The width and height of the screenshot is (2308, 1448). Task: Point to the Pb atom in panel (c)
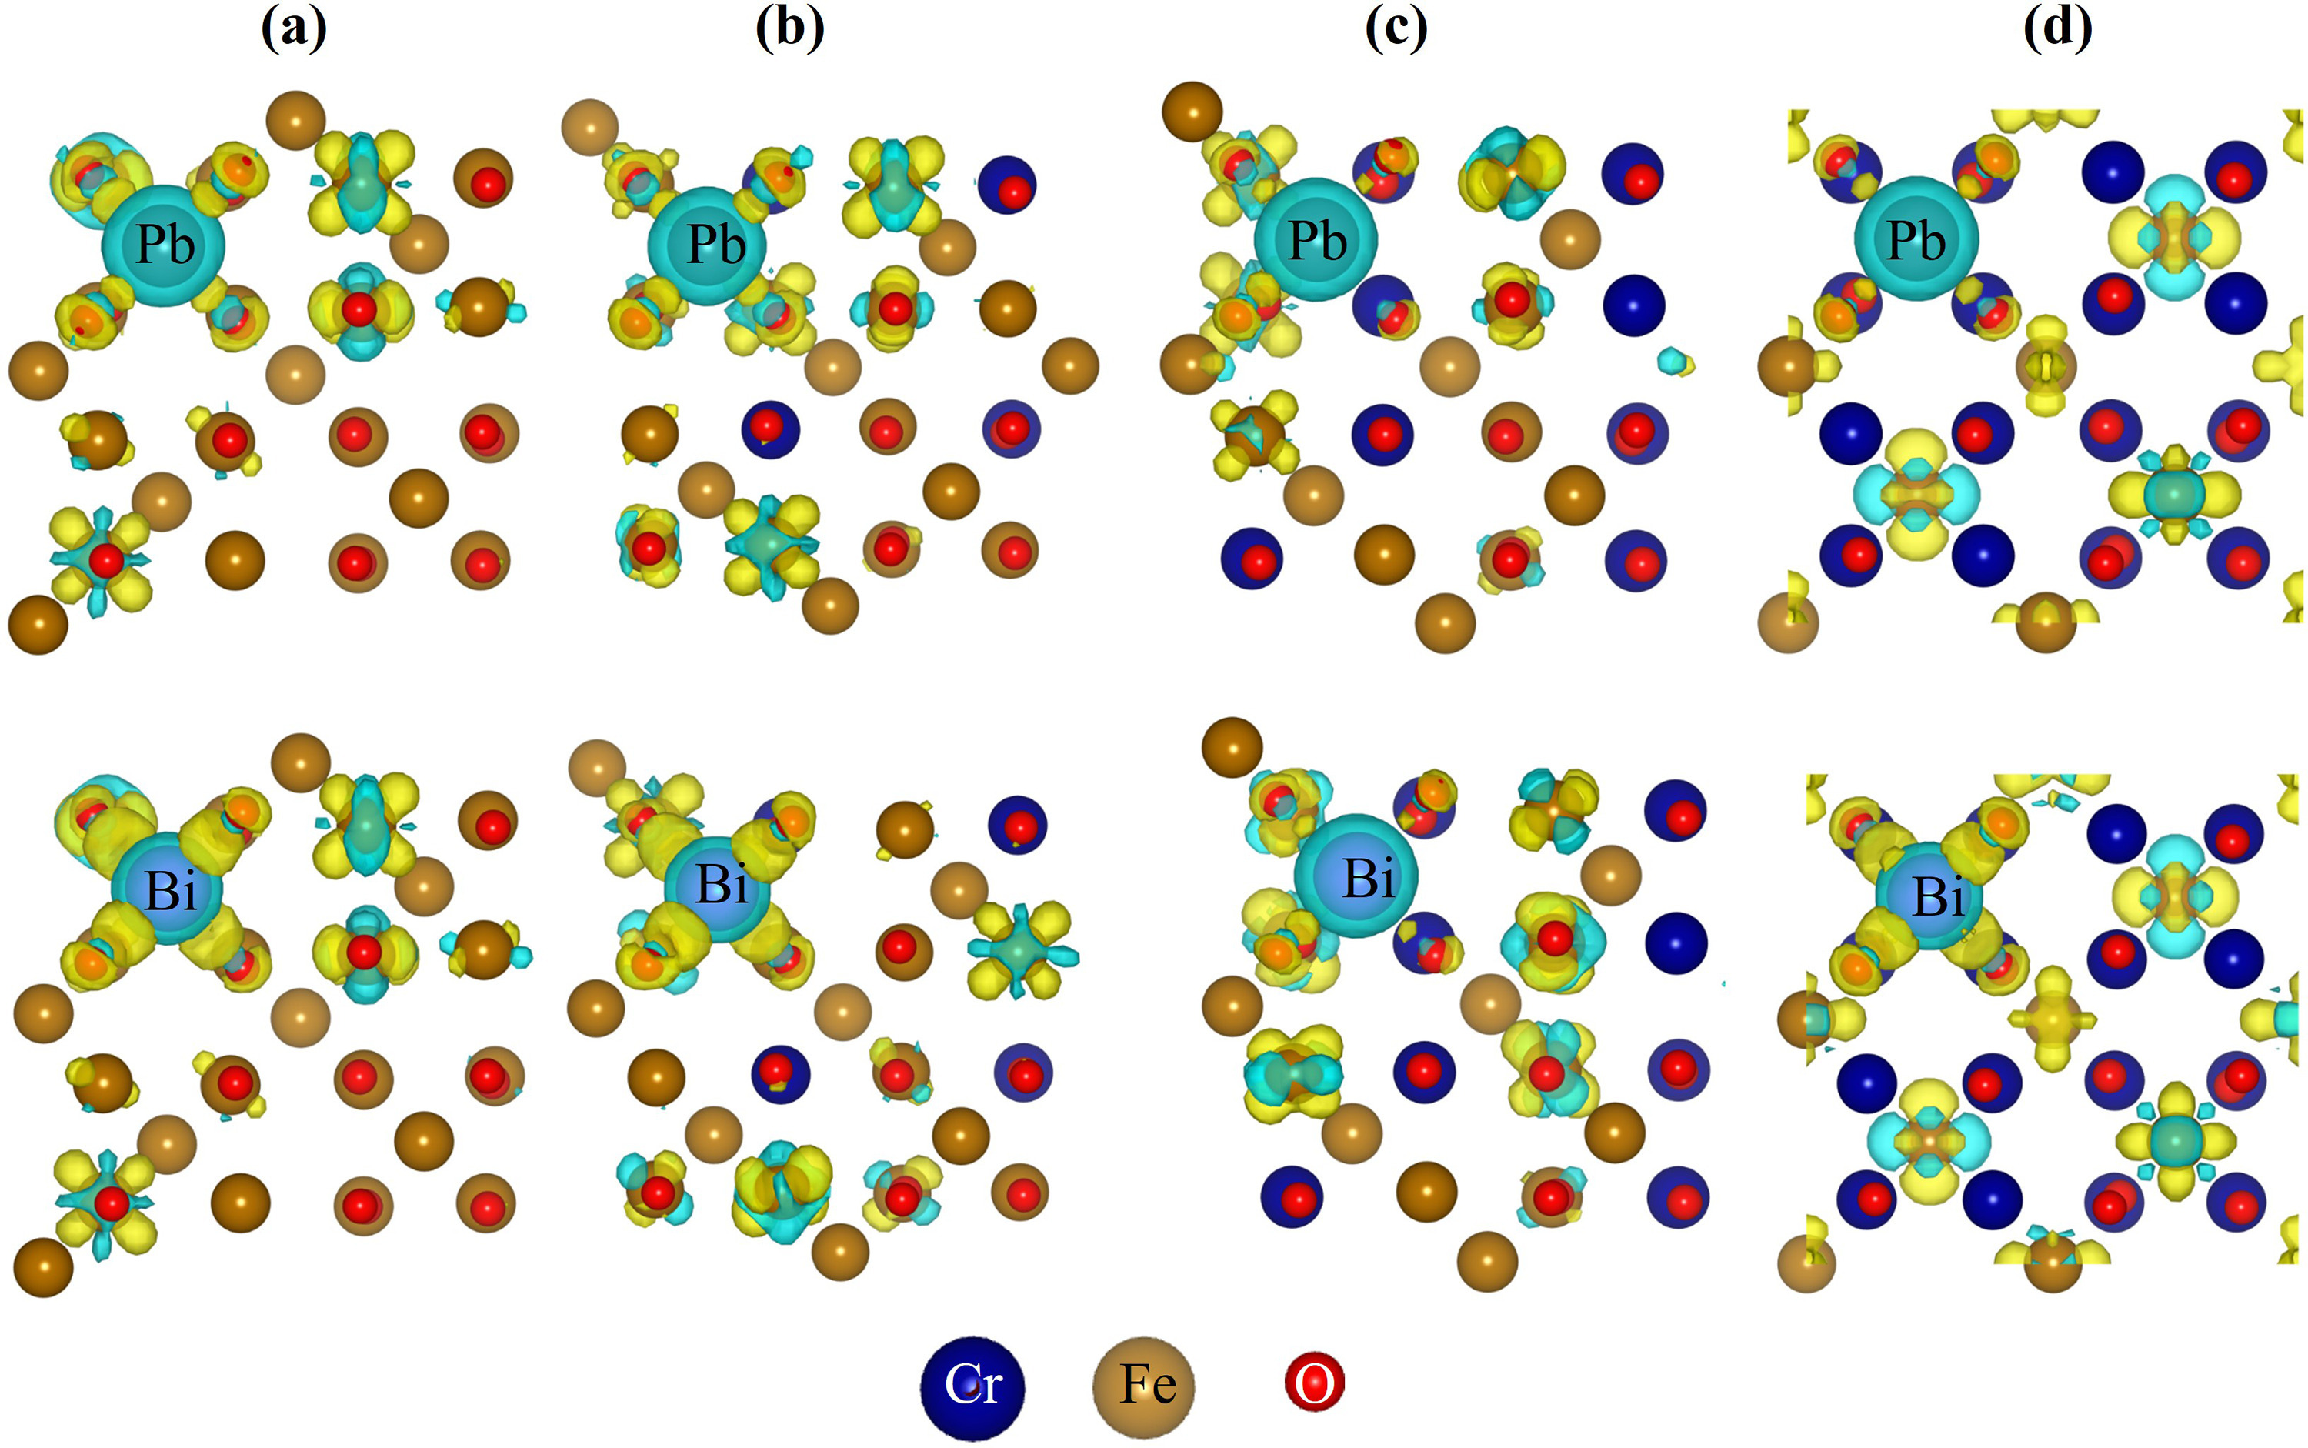point(1315,239)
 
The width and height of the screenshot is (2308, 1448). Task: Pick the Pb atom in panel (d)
point(1916,239)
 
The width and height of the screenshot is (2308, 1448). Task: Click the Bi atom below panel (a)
point(168,891)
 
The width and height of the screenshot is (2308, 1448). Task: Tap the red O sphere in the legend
point(1314,1384)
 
